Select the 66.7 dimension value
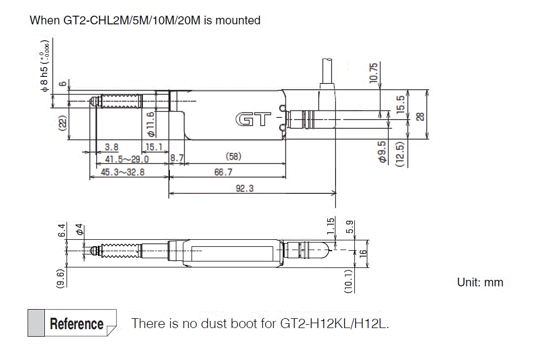[x=223, y=172]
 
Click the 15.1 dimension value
[x=153, y=147]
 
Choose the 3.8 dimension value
[x=111, y=147]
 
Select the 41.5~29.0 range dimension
[x=127, y=159]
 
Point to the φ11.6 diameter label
[x=151, y=123]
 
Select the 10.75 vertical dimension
[x=373, y=72]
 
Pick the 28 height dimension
[x=421, y=115]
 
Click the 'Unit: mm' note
[x=480, y=282]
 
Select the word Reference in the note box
[x=77, y=324]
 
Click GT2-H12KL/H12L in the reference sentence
[x=334, y=324]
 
